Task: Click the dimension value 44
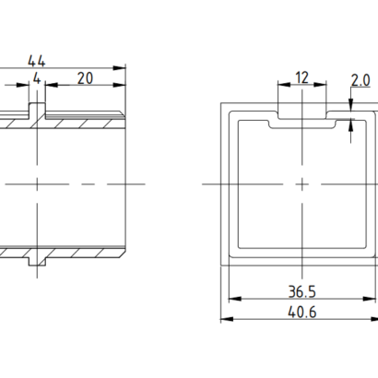click(x=37, y=61)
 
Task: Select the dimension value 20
click(x=85, y=78)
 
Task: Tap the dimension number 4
click(x=37, y=79)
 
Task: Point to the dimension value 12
click(x=301, y=77)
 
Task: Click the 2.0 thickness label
click(x=360, y=80)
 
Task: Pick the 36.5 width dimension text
click(x=302, y=291)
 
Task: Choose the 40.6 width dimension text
click(x=302, y=313)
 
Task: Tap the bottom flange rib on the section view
click(x=37, y=261)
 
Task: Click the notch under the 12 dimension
click(x=302, y=115)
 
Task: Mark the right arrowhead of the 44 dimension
click(x=120, y=68)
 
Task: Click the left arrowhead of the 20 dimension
click(x=52, y=85)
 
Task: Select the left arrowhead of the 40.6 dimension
click(x=227, y=319)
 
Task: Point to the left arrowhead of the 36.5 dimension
click(x=235, y=299)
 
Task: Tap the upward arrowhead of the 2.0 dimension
click(x=350, y=126)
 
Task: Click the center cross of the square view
click(x=302, y=184)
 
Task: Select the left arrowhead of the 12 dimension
click(x=284, y=85)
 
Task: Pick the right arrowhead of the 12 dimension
click(x=320, y=85)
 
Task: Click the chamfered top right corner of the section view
click(x=123, y=113)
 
